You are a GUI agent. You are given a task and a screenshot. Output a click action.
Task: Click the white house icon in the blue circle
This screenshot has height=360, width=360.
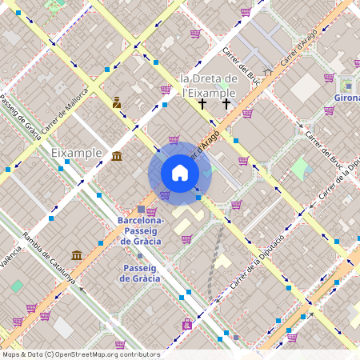pyautogui.click(x=180, y=173)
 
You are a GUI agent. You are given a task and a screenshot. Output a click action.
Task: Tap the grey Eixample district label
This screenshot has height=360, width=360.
pyautogui.click(x=76, y=152)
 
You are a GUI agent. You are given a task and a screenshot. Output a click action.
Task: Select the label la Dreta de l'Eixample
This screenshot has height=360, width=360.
pyautogui.click(x=209, y=85)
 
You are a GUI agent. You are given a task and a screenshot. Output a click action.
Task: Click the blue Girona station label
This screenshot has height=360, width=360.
pyautogui.click(x=345, y=98)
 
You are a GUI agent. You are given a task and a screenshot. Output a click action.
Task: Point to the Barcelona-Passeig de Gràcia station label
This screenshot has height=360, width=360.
pyautogui.click(x=140, y=230)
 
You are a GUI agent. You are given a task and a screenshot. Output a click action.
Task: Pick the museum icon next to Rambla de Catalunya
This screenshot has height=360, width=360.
pyautogui.click(x=77, y=255)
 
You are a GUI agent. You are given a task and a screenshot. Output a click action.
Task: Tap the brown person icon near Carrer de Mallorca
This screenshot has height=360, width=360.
pyautogui.click(x=117, y=102)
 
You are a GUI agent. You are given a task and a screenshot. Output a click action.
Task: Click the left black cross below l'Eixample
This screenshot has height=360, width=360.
pyautogui.click(x=203, y=104)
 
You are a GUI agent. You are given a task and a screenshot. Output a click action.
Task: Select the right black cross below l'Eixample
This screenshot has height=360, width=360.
pyautogui.click(x=226, y=104)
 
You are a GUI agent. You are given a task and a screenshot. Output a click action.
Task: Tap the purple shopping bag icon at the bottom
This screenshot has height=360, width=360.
pyautogui.click(x=186, y=324)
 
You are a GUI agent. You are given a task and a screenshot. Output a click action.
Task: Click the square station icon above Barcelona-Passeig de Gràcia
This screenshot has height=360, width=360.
pyautogui.click(x=142, y=209)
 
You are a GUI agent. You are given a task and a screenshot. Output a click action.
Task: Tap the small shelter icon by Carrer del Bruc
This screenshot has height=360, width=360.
pyautogui.click(x=267, y=71)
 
